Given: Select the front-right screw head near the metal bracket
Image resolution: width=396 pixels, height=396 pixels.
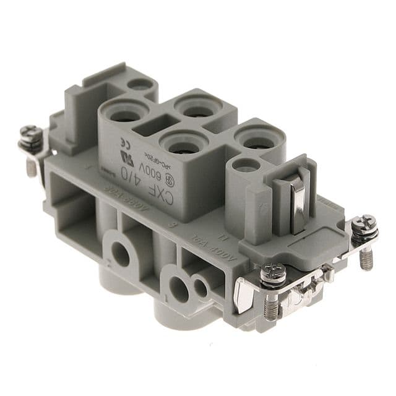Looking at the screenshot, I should tap(272, 270).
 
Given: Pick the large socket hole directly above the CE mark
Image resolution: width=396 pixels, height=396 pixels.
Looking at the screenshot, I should tap(126, 113).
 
